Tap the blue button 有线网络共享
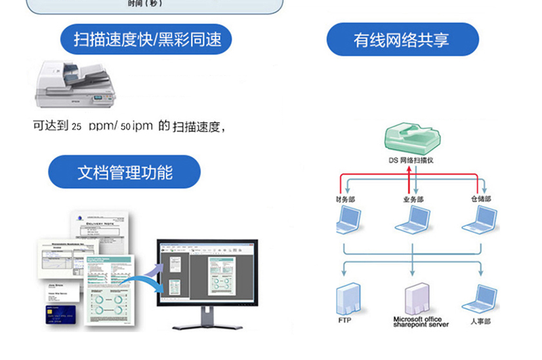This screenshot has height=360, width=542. coord(402,39)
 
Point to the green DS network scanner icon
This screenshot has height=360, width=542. coord(410,138)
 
